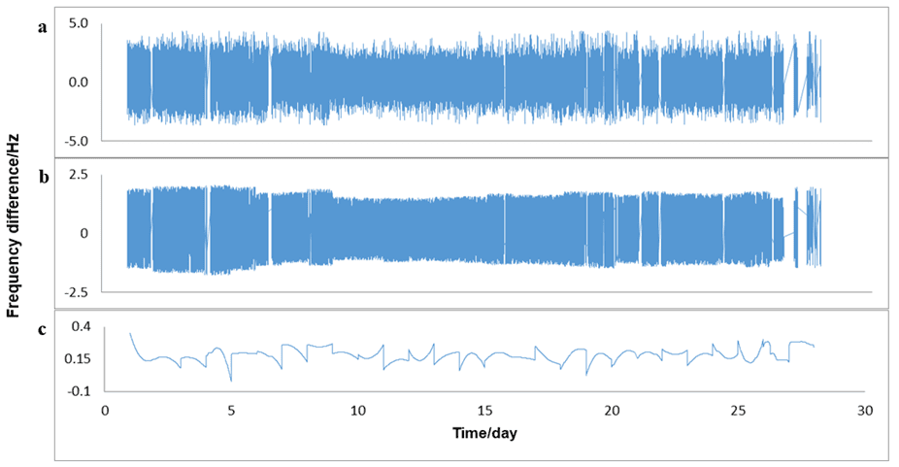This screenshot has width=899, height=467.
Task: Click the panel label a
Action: (42, 28)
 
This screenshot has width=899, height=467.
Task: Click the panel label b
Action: (43, 179)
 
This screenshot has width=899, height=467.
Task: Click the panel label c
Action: (42, 329)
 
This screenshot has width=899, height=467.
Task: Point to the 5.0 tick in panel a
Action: (77, 22)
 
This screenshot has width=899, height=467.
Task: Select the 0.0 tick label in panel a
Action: (77, 82)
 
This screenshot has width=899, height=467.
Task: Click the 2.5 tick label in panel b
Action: (78, 175)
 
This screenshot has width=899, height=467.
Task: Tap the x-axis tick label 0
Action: (106, 411)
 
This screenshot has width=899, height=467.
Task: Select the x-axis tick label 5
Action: (231, 411)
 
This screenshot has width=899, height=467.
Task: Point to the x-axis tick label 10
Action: (358, 411)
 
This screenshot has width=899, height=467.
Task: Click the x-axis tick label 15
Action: (485, 411)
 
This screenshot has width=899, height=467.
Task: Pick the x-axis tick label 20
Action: (612, 411)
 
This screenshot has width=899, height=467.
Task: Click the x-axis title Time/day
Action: (484, 433)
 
